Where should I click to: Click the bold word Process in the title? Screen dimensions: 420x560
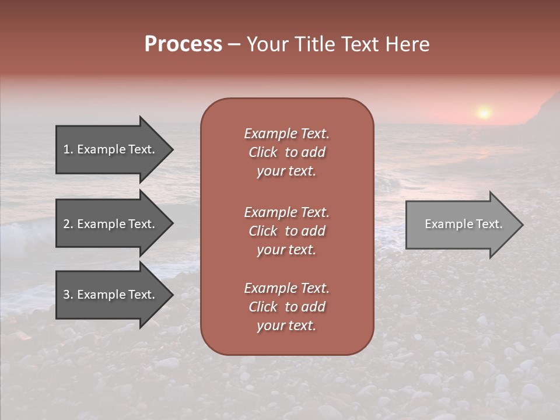pyautogui.click(x=183, y=44)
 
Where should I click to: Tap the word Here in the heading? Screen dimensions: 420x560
pyautogui.click(x=407, y=44)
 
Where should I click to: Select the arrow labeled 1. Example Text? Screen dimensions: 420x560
pyautogui.click(x=108, y=149)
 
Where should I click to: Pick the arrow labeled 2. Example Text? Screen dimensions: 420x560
pyautogui.click(x=108, y=224)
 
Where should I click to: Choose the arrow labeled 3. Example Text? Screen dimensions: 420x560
pyautogui.click(x=108, y=295)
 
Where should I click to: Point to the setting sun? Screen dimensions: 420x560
pyautogui.click(x=484, y=112)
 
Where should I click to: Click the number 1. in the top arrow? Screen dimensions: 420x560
pyautogui.click(x=68, y=150)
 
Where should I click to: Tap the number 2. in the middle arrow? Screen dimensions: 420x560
pyautogui.click(x=68, y=225)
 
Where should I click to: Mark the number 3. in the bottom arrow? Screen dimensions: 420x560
pyautogui.click(x=68, y=295)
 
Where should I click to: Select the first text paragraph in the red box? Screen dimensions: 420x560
pyautogui.click(x=286, y=152)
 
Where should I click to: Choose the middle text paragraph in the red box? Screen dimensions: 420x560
pyautogui.click(x=286, y=231)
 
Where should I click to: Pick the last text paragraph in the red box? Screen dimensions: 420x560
pyautogui.click(x=286, y=307)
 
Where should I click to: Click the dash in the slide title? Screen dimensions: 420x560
pyautogui.click(x=235, y=45)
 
